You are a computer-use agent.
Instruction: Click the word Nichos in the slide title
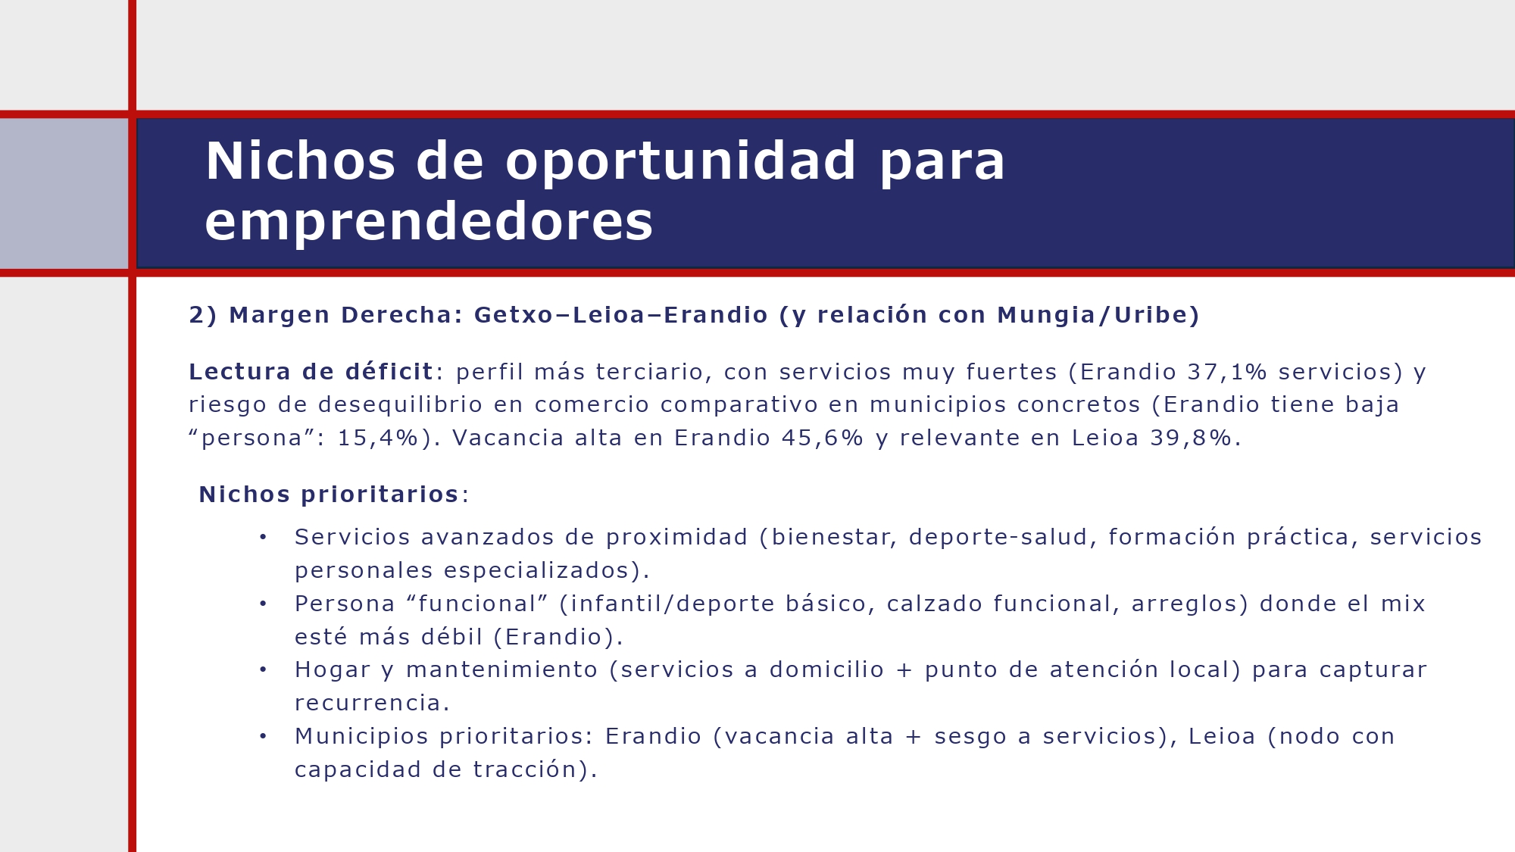point(300,161)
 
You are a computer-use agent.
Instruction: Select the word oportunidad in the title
point(680,161)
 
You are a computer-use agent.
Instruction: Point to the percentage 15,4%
point(378,438)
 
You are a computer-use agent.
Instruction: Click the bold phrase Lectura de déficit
point(311,372)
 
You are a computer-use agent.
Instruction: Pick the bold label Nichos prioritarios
point(329,495)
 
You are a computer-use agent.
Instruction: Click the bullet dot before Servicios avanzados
point(263,537)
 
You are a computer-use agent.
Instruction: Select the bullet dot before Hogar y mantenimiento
point(263,669)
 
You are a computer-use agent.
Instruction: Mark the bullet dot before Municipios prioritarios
point(263,736)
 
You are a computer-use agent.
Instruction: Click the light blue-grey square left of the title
point(64,193)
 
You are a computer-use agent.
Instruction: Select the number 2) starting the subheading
point(202,315)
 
